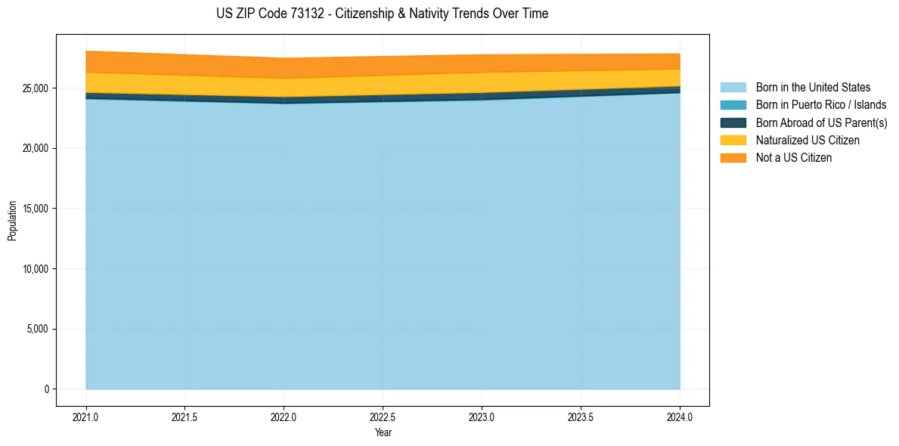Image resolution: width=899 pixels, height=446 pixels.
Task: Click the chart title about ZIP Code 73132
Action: coord(382,14)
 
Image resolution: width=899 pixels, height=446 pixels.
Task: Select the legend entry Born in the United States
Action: coord(813,88)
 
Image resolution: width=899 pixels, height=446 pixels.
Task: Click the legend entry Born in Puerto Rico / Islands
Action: coord(820,105)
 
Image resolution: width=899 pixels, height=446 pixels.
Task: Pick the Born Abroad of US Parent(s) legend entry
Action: coord(821,122)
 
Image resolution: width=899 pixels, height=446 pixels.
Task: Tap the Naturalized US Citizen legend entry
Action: coord(808,140)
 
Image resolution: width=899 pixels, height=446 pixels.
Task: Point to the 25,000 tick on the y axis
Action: coord(36,88)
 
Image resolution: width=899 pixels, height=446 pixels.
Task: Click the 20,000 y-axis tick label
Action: coord(36,148)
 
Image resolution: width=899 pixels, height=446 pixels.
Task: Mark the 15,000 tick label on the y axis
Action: coord(36,209)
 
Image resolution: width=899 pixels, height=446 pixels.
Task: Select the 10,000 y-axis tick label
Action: coord(36,269)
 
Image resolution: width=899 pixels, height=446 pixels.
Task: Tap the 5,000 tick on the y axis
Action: coord(38,329)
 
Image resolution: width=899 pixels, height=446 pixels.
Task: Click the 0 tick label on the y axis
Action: coord(46,389)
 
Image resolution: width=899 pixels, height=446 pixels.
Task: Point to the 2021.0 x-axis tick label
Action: coord(86,417)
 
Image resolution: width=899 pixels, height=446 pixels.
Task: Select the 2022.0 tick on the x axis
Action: coord(284,417)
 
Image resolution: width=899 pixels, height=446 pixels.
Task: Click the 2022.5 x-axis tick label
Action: coord(383,417)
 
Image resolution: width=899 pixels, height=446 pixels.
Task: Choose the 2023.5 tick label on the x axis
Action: coord(581,417)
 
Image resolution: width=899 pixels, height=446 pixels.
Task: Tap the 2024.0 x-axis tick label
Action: coord(680,417)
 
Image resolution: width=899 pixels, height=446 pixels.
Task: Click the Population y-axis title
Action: coord(12,220)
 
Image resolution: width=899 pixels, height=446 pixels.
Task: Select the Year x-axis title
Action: coord(383,432)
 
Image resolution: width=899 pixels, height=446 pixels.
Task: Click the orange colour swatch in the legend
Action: coord(733,157)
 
